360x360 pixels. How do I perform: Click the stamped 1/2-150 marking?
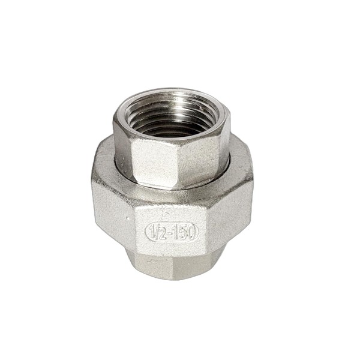tap(172, 232)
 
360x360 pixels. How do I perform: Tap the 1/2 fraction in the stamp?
tap(157, 232)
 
